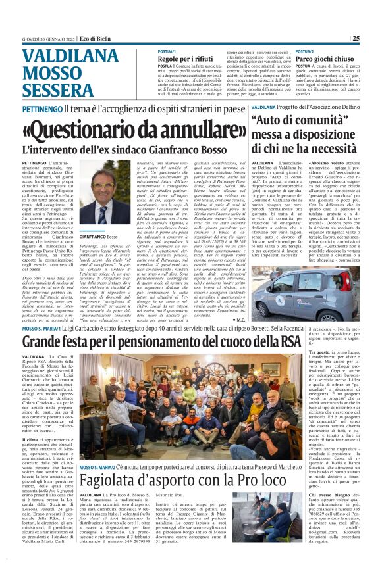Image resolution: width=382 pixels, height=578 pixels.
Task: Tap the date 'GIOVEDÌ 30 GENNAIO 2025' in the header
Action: (55, 38)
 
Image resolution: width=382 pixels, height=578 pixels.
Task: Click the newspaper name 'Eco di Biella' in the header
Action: (109, 38)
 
